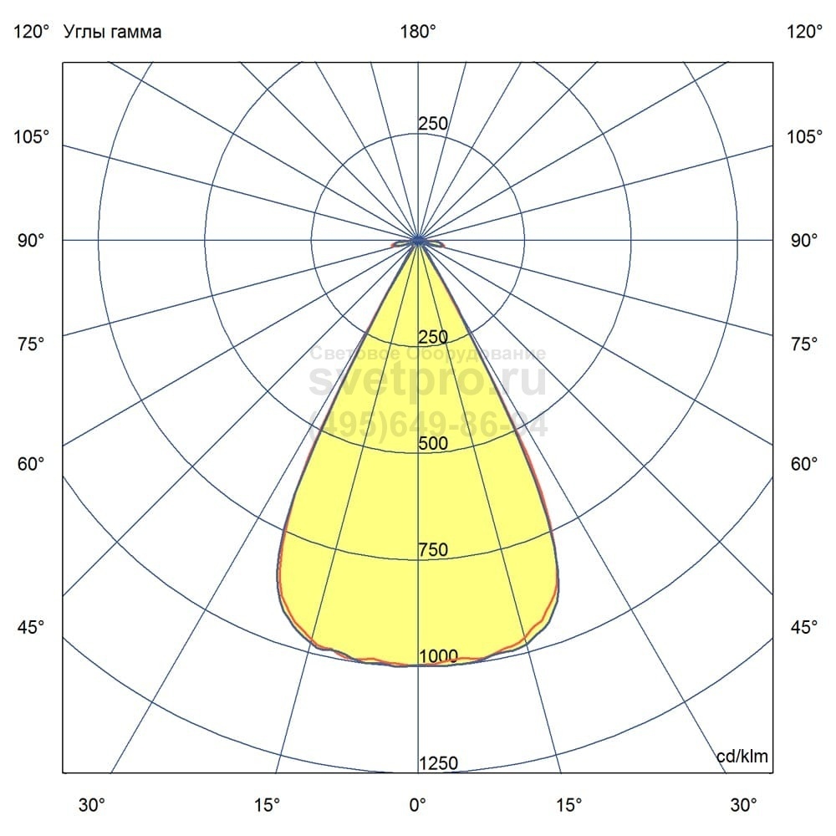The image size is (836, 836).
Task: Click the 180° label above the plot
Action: (418, 33)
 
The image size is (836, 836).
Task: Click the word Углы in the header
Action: (86, 33)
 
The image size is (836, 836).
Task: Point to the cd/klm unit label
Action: (742, 757)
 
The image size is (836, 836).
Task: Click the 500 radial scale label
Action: (433, 444)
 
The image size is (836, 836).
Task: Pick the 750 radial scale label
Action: (433, 550)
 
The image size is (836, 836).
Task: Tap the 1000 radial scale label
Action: (438, 656)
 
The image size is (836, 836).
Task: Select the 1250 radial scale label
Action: (438, 763)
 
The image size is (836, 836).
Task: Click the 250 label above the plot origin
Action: (433, 124)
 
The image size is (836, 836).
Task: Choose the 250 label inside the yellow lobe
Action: (433, 337)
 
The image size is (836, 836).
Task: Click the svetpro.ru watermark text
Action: (427, 380)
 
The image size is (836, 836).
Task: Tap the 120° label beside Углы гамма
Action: (32, 33)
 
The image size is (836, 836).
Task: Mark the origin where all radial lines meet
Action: (418, 241)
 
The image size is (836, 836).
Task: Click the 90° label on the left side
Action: (32, 241)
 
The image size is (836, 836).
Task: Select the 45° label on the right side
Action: (804, 627)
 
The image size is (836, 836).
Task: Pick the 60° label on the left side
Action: (32, 464)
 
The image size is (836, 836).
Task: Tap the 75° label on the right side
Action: (804, 344)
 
